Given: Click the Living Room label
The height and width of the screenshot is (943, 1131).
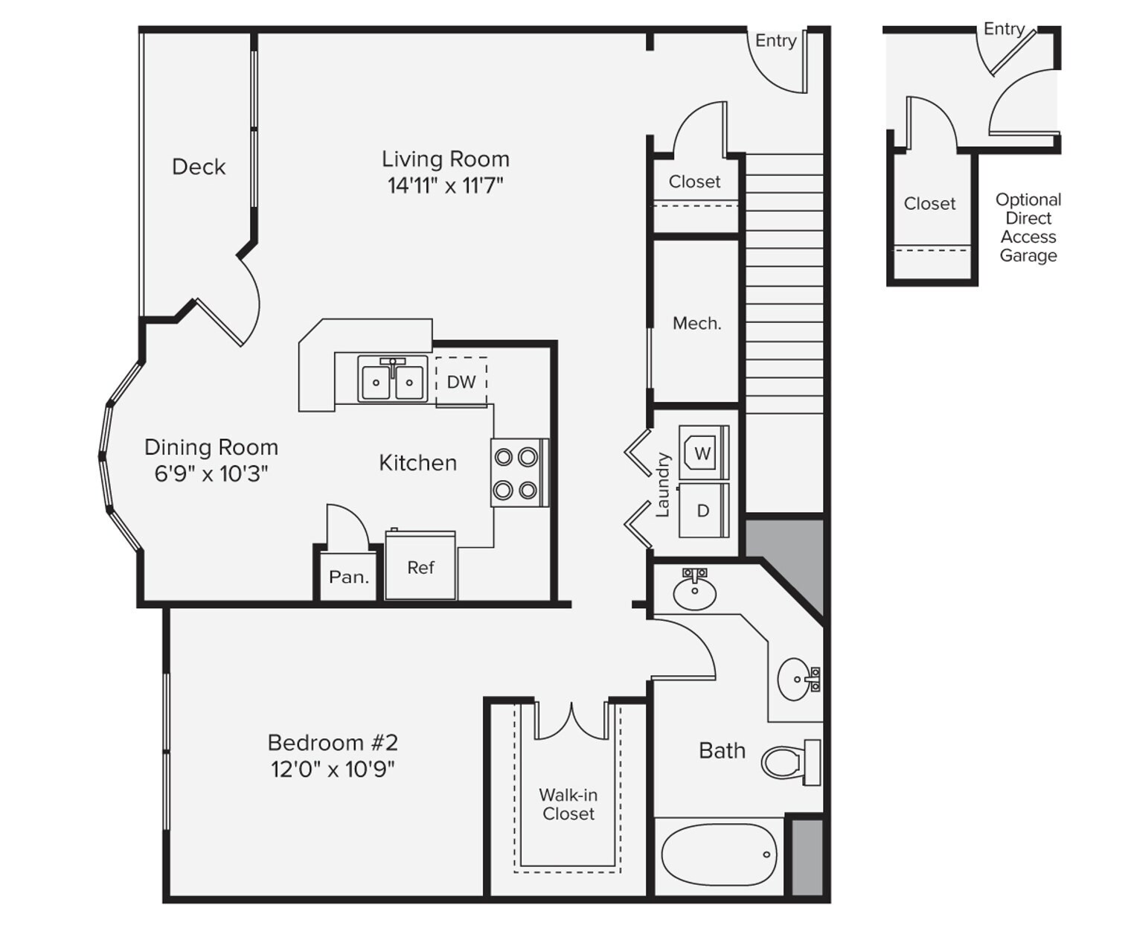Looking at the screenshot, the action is click(x=446, y=159).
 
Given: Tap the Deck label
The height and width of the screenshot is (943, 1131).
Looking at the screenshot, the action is click(x=199, y=167).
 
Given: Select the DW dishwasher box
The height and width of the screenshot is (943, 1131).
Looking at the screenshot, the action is click(x=461, y=382).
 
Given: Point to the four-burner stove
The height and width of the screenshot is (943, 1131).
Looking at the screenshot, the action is click(x=519, y=473).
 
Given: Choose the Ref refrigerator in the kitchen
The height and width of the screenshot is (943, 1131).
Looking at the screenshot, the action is click(x=420, y=565).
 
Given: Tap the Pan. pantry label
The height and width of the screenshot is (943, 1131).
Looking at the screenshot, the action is click(x=349, y=577).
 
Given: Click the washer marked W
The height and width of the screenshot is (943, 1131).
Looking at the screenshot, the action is click(x=704, y=453).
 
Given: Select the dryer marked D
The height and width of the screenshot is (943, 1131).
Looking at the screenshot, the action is click(x=704, y=509).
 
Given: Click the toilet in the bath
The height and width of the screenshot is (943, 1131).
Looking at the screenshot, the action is click(x=791, y=762).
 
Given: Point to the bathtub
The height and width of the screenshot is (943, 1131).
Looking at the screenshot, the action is click(x=720, y=855).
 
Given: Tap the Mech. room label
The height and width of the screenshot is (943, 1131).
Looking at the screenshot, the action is click(x=697, y=324).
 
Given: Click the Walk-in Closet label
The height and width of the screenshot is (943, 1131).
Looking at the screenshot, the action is click(x=568, y=805).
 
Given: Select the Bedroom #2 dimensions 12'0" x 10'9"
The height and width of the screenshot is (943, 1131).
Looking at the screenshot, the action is click(x=333, y=770).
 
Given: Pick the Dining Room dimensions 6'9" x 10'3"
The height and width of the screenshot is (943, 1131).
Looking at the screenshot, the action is click(x=211, y=474).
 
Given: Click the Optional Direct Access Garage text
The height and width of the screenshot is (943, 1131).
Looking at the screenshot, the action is click(x=1028, y=228).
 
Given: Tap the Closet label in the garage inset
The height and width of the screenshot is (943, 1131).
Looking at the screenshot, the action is click(x=929, y=204).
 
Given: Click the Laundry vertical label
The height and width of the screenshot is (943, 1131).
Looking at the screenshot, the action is click(x=662, y=485).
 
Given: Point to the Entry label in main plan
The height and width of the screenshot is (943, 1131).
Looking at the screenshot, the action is click(x=775, y=41).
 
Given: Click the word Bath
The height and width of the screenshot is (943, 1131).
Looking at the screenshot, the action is click(x=722, y=751).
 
